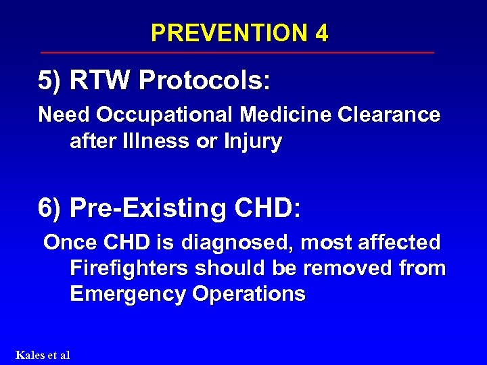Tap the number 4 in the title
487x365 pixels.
click(x=321, y=32)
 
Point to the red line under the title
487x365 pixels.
click(x=237, y=52)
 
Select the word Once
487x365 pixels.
click(x=69, y=242)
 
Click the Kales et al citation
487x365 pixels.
click(x=42, y=354)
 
